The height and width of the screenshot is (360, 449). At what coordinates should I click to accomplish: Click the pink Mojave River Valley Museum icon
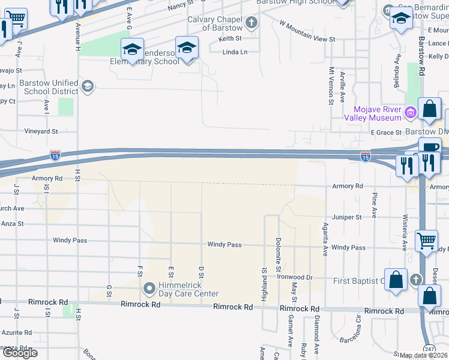pyautogui.click(x=411, y=112)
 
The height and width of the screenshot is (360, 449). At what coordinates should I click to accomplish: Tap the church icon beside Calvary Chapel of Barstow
pyautogui.click(x=252, y=23)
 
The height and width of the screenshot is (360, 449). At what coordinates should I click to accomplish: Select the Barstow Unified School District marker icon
pyautogui.click(x=88, y=86)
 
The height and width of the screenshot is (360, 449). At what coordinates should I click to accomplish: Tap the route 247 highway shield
pyautogui.click(x=429, y=349)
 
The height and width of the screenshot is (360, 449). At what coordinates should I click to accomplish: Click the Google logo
pyautogui.click(x=20, y=353)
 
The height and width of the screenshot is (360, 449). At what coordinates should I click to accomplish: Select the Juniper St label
pyautogui.click(x=351, y=217)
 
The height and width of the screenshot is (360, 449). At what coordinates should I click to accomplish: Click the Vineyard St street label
pyautogui.click(x=41, y=131)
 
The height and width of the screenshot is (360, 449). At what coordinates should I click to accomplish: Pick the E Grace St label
pyautogui.click(x=385, y=132)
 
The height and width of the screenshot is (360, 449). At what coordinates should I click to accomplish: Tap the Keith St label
pyautogui.click(x=230, y=38)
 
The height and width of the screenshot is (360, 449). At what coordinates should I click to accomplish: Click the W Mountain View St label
pyautogui.click(x=307, y=31)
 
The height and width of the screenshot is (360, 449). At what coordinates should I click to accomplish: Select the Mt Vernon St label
pyautogui.click(x=331, y=85)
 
